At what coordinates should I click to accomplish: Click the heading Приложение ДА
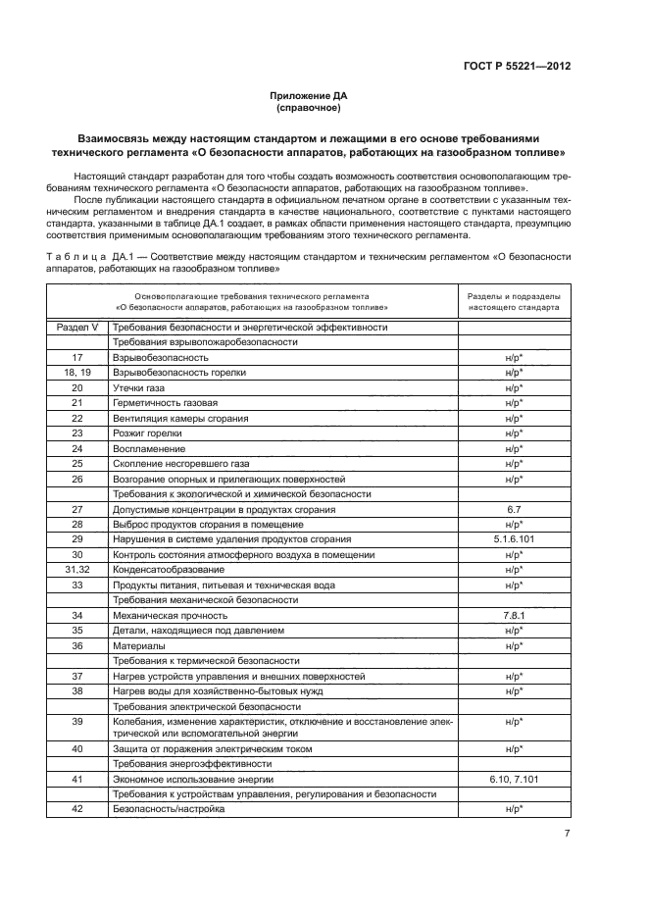[309, 96]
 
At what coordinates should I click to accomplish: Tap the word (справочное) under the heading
[309, 109]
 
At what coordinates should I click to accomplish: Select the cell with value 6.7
[513, 510]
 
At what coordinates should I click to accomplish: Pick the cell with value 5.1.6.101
[513, 538]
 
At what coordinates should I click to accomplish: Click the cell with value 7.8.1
[513, 615]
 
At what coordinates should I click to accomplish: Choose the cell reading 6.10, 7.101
[513, 779]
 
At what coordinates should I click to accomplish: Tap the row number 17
[77, 358]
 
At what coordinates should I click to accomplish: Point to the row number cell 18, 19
[77, 373]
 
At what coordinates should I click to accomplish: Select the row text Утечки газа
[140, 388]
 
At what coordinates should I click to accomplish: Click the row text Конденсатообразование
[169, 570]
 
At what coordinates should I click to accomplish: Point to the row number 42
[77, 809]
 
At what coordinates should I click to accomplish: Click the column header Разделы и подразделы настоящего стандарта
[513, 300]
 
